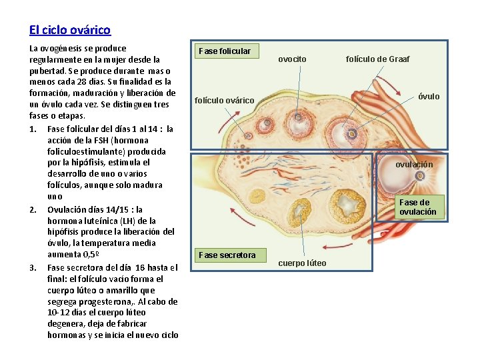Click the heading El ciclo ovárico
pos(70,30)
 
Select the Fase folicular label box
pos(225,51)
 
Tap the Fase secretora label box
pos(227,255)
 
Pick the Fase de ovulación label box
pos(418,207)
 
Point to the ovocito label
pos(292,59)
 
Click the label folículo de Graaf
pos(378,59)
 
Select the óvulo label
pos(429,97)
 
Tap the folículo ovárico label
pos(224,101)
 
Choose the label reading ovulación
pos(414,165)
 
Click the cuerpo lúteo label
pos(302,263)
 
